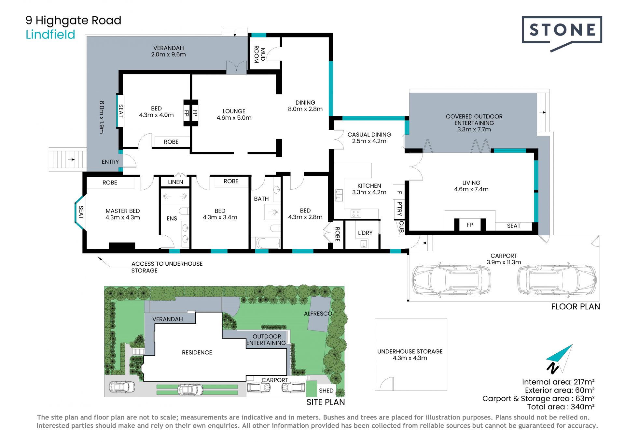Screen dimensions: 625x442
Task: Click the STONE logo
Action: point(562,34)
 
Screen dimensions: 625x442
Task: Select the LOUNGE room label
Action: point(234,111)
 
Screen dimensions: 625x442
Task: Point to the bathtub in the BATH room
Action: point(268,243)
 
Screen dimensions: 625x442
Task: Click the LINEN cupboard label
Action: point(175,182)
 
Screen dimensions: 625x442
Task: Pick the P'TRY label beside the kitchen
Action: point(399,209)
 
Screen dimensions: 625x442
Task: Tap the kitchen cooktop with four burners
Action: point(356,214)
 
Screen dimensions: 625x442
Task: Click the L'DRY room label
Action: point(365,233)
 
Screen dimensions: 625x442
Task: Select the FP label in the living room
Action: point(469,225)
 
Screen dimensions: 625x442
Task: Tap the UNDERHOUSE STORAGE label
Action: point(410,351)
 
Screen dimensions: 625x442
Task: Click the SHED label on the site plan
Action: point(326,390)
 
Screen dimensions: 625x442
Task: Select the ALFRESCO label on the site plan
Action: point(318,314)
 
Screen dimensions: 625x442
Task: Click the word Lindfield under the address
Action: point(50,35)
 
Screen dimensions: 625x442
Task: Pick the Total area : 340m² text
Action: point(561,407)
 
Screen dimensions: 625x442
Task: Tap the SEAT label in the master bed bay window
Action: point(81,213)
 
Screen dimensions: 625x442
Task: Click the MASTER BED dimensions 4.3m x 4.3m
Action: point(123,217)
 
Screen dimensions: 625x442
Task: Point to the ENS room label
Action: point(172,218)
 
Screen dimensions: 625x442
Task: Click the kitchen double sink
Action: point(339,195)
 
